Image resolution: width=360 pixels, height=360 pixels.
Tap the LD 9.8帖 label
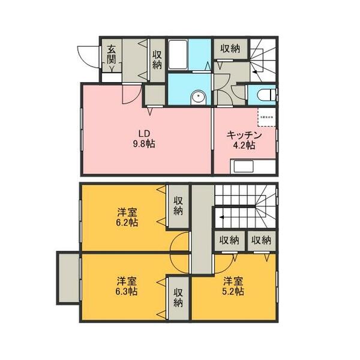(x=144, y=139)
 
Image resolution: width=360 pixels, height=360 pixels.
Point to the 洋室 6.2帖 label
(x=126, y=217)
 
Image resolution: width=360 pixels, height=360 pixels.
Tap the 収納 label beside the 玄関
(x=157, y=59)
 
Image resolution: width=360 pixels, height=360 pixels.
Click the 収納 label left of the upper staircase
(x=230, y=49)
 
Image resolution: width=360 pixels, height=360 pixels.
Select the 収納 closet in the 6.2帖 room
(x=178, y=206)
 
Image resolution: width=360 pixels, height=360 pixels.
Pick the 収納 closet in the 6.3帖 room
(x=178, y=298)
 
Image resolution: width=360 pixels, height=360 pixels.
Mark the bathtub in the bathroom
(x=178, y=55)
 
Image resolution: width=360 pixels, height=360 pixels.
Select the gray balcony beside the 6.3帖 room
(x=68, y=278)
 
